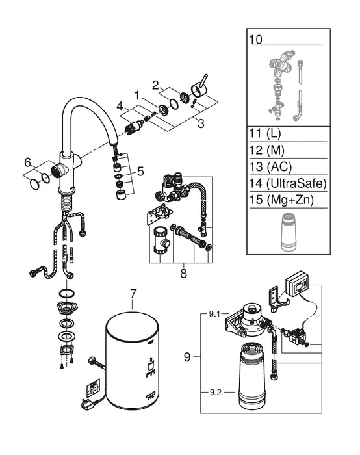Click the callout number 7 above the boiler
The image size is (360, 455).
[133, 294]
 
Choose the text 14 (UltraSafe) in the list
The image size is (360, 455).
[286, 183]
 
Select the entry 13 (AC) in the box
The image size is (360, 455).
[269, 166]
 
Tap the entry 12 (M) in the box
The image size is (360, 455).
[266, 149]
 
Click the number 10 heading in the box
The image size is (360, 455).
[256, 40]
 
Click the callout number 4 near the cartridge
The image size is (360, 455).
[120, 105]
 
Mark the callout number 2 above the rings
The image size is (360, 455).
[155, 84]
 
